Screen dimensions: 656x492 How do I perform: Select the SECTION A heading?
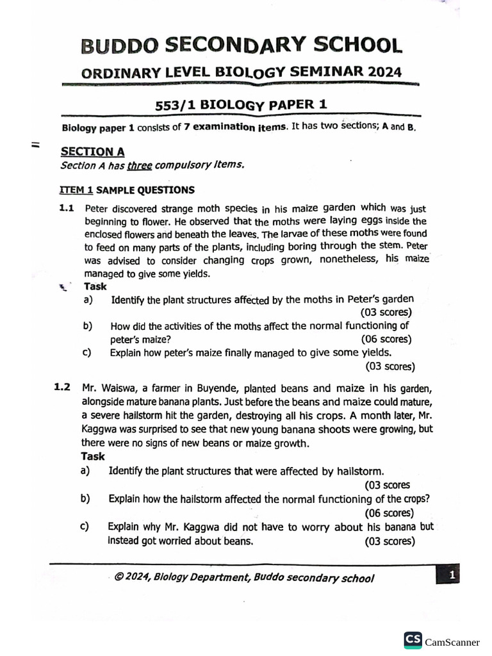(x=92, y=152)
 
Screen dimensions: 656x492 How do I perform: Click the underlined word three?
(x=139, y=165)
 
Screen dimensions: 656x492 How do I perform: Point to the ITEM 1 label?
(x=76, y=190)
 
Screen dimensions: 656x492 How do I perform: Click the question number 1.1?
(x=67, y=208)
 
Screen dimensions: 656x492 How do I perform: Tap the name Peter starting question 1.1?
(x=96, y=209)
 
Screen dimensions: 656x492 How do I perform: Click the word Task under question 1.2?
(x=93, y=456)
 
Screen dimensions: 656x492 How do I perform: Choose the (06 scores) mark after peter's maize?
(x=386, y=340)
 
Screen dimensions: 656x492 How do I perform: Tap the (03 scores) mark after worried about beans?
(x=389, y=541)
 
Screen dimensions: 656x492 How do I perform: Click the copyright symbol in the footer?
(x=119, y=577)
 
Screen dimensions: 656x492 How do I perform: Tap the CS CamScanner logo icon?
(x=413, y=641)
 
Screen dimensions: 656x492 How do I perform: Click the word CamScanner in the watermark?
(x=452, y=642)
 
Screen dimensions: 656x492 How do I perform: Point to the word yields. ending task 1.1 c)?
(x=377, y=352)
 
